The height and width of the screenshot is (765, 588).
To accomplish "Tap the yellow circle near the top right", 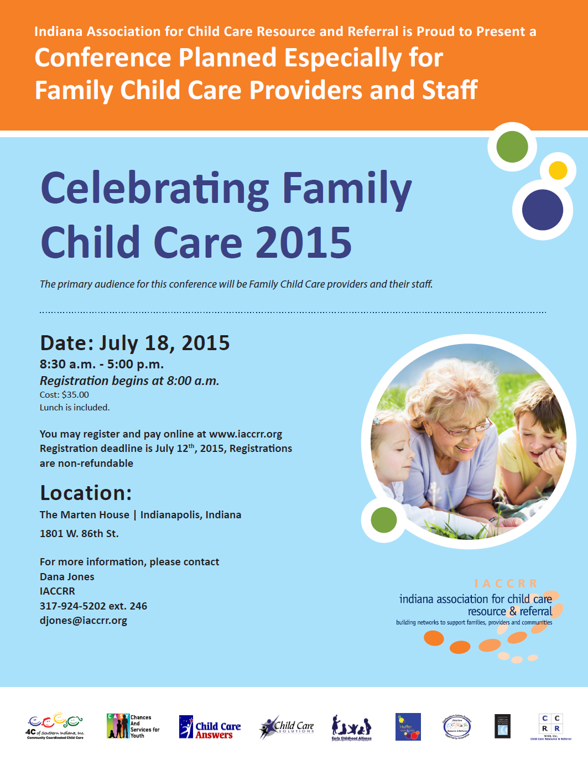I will click(558, 170).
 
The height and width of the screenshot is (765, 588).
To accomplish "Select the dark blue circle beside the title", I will click(542, 210).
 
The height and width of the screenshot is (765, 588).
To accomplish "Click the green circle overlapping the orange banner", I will click(512, 147).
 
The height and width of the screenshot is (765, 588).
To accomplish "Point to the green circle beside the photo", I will click(384, 520).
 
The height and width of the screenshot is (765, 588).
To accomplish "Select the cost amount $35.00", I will click(75, 395).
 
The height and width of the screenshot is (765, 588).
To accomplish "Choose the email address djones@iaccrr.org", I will click(84, 621).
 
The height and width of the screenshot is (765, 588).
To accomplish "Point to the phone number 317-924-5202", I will click(72, 606).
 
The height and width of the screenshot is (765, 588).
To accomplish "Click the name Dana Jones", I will click(67, 577).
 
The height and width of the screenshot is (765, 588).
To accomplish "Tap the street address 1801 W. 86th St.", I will click(79, 534).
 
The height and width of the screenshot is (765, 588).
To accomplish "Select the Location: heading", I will click(86, 493).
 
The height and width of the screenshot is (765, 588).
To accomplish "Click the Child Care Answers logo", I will click(210, 727).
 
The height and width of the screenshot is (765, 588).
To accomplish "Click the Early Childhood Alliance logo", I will click(351, 727).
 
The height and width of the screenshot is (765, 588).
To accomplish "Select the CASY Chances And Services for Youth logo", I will click(133, 726).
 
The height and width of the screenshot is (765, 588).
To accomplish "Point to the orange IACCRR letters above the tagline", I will click(506, 584).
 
